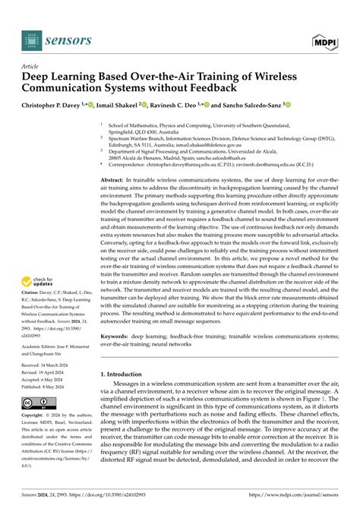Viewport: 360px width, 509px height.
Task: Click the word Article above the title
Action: coord(33,66)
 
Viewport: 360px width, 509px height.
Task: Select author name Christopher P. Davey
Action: coord(54,106)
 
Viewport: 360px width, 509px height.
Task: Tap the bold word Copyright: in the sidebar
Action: coord(36,416)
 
